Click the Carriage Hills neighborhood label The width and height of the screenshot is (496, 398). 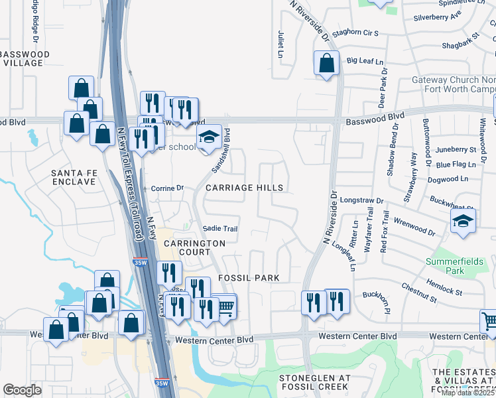[244, 188]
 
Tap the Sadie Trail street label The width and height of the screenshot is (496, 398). [220, 229]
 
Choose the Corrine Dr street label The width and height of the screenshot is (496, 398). [167, 188]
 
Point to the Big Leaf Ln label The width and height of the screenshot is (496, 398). [365, 61]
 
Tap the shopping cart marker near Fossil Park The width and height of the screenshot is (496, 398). [225, 306]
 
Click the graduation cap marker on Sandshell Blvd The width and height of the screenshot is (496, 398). [209, 137]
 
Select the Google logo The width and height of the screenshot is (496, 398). [22, 390]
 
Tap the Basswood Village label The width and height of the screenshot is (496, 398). [25, 58]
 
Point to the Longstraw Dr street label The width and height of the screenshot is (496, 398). [361, 200]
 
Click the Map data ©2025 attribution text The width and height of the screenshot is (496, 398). [467, 392]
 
